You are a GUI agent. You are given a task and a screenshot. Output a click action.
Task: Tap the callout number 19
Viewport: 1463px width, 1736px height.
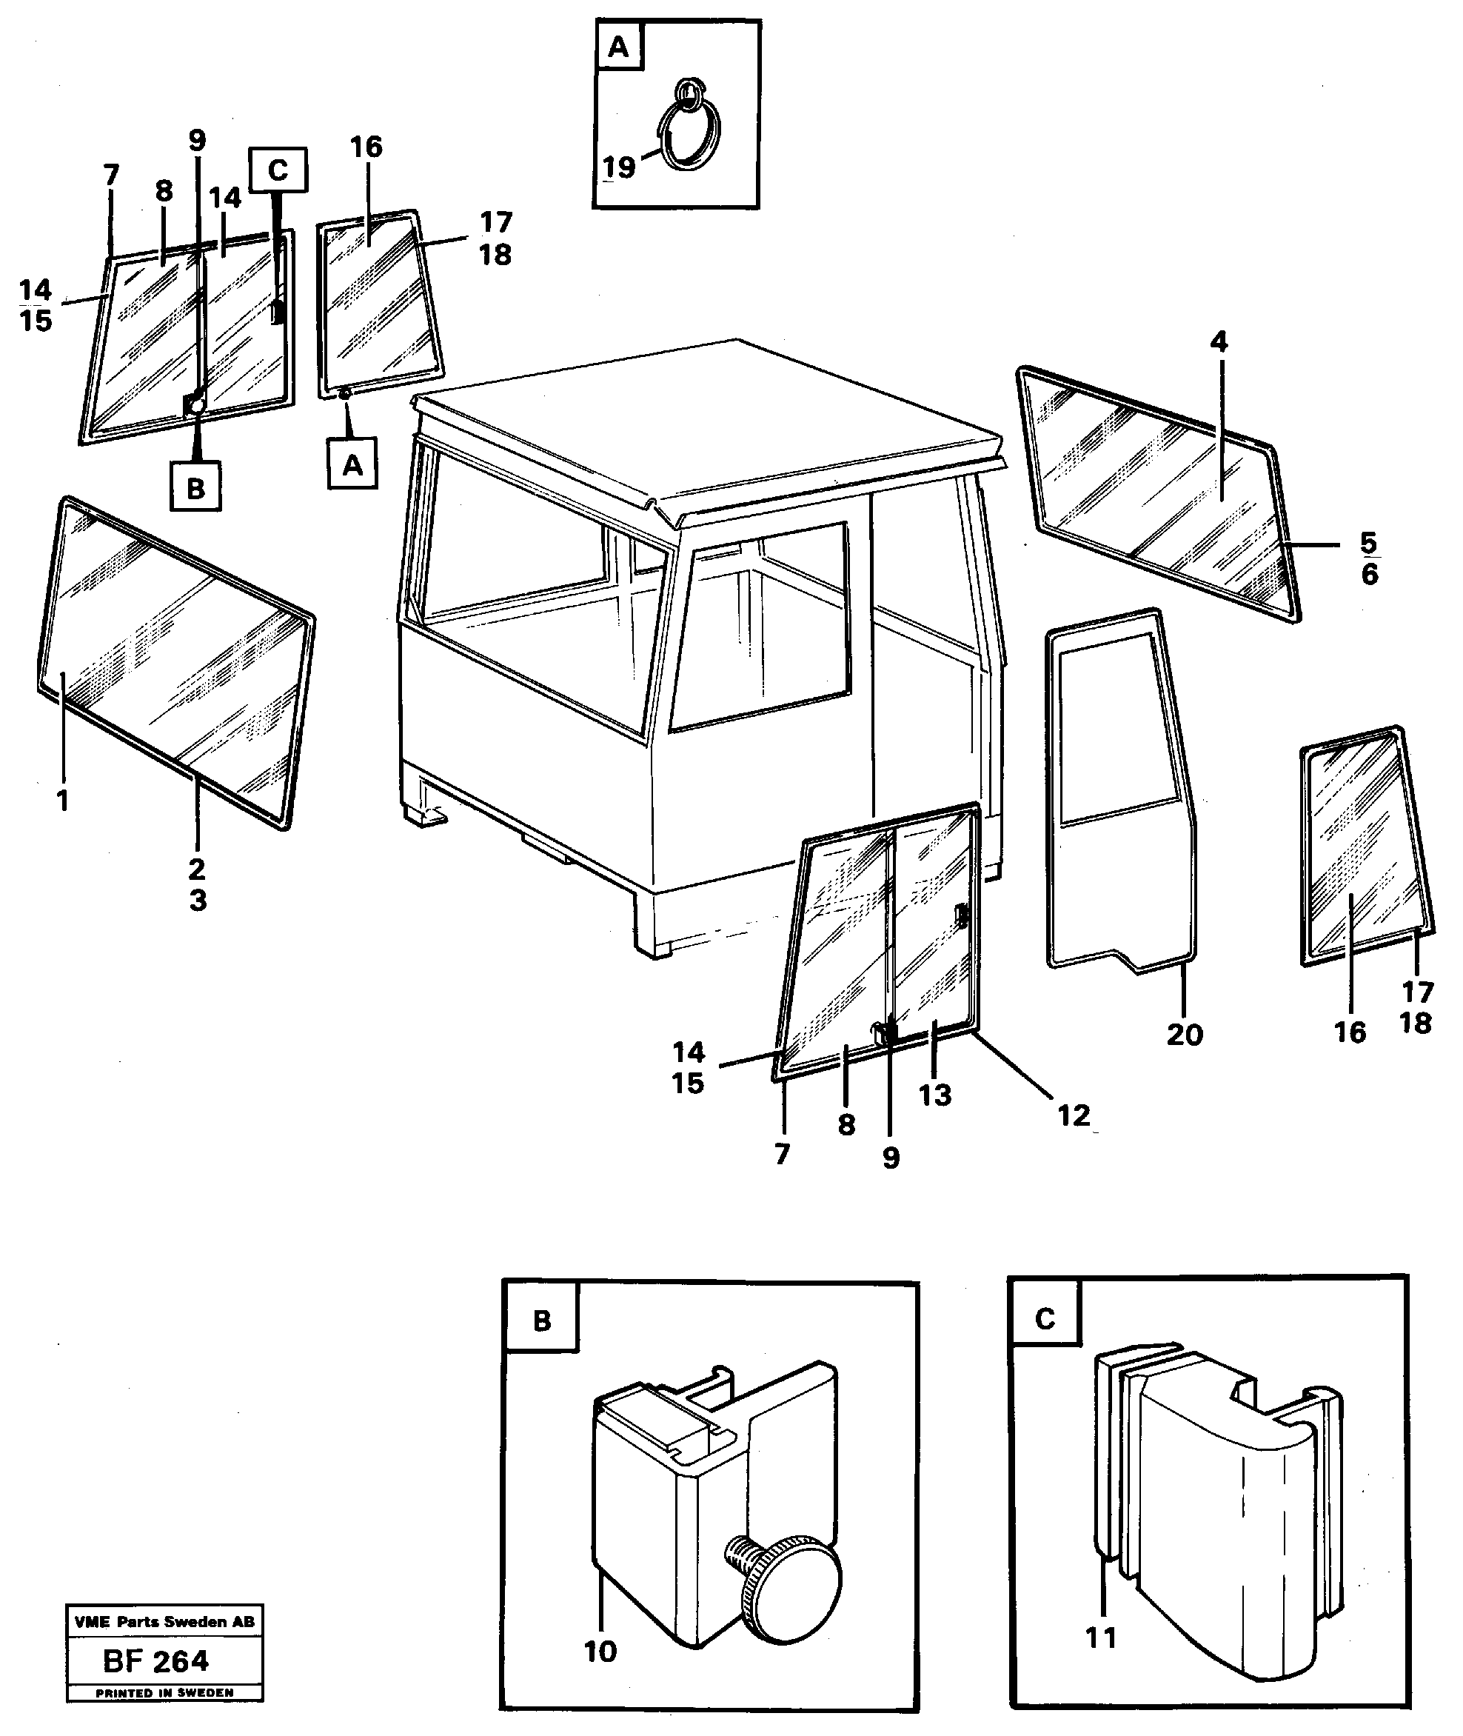[619, 167]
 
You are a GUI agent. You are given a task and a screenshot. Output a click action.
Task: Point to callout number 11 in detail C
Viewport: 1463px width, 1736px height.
[1102, 1637]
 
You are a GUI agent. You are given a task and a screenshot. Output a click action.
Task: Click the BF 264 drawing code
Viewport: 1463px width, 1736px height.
[157, 1660]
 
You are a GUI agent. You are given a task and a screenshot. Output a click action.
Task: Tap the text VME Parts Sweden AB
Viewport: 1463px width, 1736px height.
[164, 1621]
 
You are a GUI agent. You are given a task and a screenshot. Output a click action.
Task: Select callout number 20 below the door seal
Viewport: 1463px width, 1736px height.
[1185, 1035]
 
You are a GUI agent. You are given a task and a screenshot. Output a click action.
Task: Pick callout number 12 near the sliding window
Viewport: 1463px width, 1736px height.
[1074, 1115]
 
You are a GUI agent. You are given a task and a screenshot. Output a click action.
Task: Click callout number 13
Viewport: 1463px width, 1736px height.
[934, 1095]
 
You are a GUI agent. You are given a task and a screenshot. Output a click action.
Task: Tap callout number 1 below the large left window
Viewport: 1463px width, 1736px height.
[62, 801]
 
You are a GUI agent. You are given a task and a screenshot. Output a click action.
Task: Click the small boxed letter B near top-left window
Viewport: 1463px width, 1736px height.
[195, 488]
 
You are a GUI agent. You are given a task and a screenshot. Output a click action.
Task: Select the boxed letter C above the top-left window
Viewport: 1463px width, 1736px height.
[278, 170]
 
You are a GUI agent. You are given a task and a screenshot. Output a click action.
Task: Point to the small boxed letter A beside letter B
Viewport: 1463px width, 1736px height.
[352, 465]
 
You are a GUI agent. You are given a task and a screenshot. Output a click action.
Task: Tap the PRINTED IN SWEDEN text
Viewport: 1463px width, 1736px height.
[164, 1693]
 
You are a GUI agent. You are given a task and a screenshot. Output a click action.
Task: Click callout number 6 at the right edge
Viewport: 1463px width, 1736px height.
[1369, 574]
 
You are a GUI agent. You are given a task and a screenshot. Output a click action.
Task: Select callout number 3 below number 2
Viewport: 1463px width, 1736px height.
[198, 900]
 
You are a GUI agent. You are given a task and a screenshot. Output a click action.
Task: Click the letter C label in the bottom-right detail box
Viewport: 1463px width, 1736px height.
[1045, 1319]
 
